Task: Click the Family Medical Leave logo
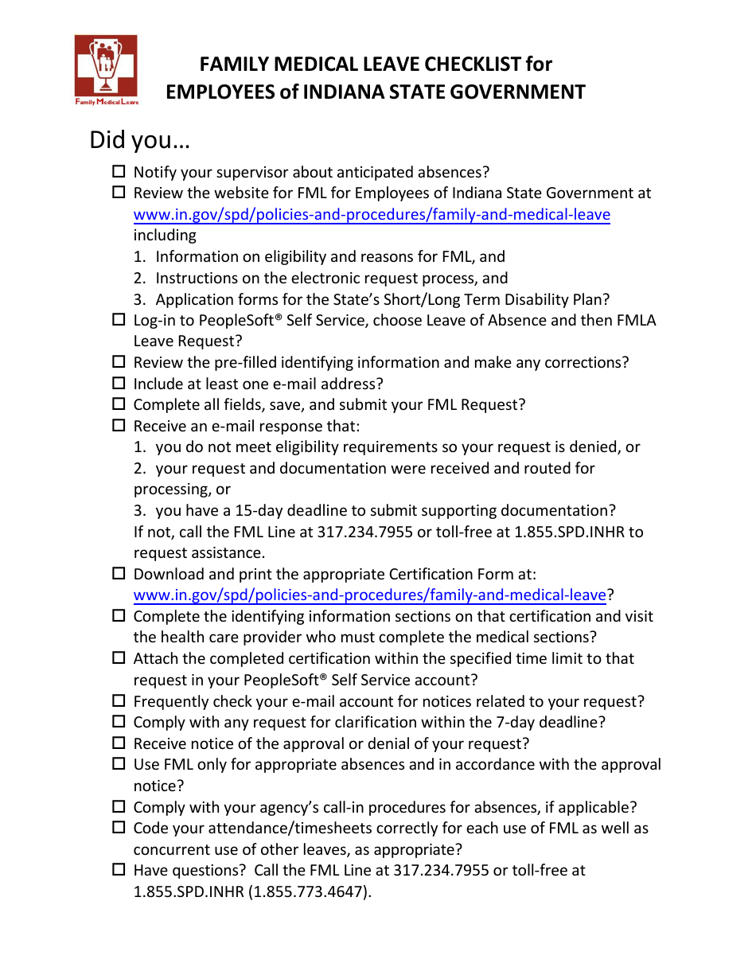coord(106,70)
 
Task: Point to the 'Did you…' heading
coord(139,140)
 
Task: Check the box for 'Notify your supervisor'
coord(119,171)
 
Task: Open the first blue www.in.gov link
coord(372,214)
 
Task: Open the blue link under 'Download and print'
coord(369,595)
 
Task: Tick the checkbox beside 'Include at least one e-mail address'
coord(119,383)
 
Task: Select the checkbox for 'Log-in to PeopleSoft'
coord(119,319)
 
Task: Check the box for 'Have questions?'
coord(119,870)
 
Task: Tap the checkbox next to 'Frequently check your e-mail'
coord(119,700)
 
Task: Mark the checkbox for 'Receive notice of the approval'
coord(119,743)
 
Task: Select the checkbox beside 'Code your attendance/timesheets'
coord(119,827)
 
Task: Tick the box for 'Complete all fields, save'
coord(119,404)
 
